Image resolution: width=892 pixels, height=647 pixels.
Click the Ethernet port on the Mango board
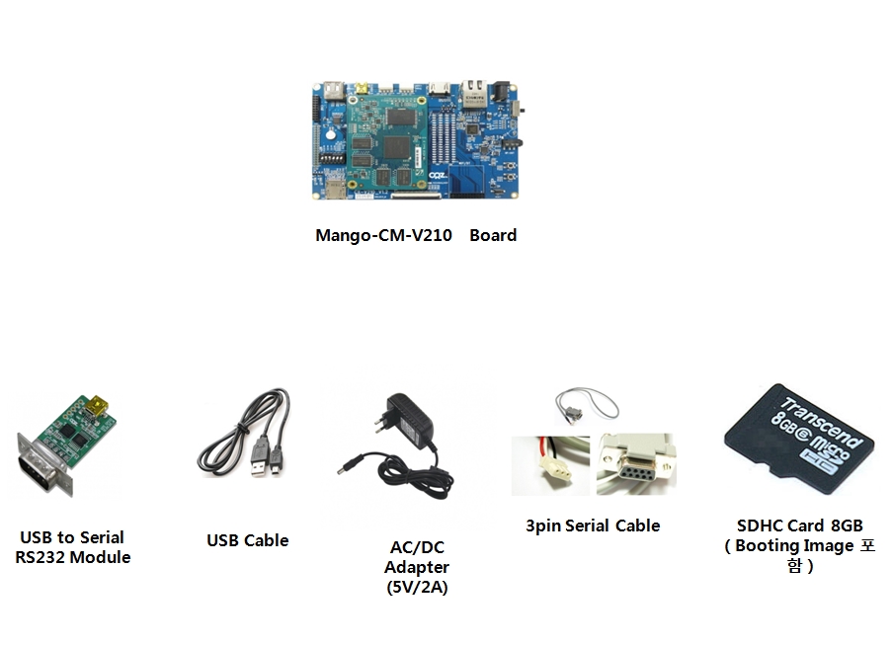[472, 95]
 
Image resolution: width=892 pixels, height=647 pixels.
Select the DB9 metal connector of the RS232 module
[40, 464]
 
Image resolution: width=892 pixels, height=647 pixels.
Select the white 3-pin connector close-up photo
[550, 465]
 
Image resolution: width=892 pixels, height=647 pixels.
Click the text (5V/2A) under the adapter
[417, 587]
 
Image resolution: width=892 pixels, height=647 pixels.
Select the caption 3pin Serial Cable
[593, 526]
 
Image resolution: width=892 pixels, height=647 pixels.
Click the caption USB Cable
[247, 540]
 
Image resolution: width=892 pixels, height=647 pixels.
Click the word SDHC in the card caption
[760, 526]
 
